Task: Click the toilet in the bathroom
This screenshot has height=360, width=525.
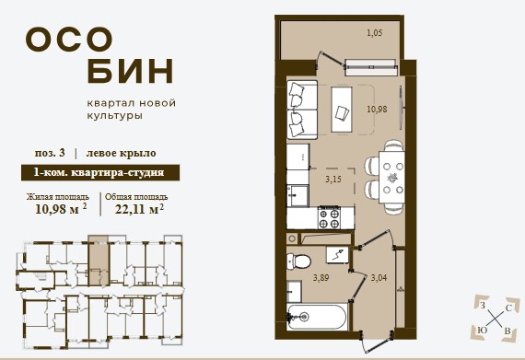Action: [x=298, y=261]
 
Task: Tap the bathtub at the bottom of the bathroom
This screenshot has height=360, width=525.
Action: [x=317, y=317]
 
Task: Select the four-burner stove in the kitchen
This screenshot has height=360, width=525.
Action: [x=330, y=218]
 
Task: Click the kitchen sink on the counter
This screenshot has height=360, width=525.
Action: [x=297, y=196]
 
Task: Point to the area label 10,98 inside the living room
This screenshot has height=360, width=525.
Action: [x=377, y=109]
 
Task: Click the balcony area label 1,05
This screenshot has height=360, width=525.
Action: [x=375, y=33]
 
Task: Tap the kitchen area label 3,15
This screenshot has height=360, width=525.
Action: [x=333, y=180]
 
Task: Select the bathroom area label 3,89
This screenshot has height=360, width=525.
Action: [x=321, y=278]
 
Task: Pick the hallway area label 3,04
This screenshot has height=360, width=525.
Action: [x=379, y=278]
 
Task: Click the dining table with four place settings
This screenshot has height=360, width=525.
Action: [x=391, y=178]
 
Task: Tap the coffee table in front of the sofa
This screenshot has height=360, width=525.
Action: [x=342, y=110]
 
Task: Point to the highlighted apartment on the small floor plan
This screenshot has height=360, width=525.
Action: [x=99, y=261]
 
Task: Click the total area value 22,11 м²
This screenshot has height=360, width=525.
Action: [x=139, y=209]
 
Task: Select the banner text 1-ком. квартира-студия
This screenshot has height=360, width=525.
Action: [x=99, y=173]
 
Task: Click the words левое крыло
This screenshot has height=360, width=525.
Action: [x=122, y=153]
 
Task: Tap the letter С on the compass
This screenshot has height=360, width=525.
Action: [x=508, y=308]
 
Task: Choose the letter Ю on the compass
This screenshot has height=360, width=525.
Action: [x=482, y=331]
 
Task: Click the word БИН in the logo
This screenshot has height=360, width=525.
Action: [x=130, y=71]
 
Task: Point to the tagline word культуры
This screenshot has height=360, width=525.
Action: [x=115, y=116]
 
